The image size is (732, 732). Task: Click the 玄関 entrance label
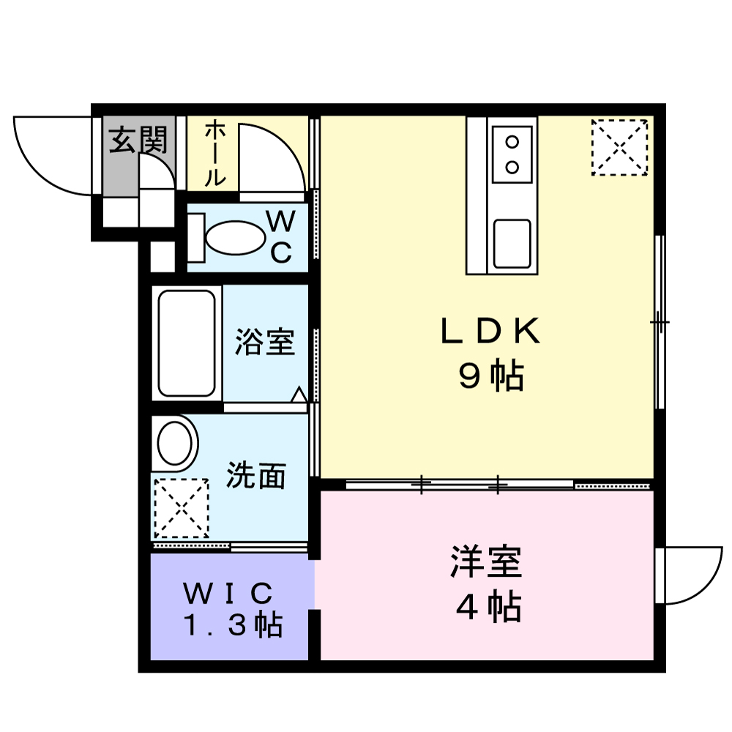pyautogui.click(x=138, y=139)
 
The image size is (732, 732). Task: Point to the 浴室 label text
pyautogui.click(x=265, y=342)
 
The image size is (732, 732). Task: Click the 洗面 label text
pyautogui.click(x=256, y=477)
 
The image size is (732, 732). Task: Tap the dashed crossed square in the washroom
pyautogui.click(x=181, y=508)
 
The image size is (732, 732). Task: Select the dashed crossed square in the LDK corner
pyautogui.click(x=619, y=146)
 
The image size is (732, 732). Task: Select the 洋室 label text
pyautogui.click(x=486, y=562)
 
